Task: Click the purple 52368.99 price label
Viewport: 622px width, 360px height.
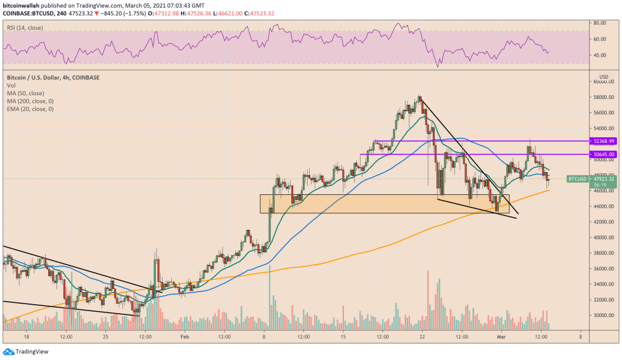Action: point(602,141)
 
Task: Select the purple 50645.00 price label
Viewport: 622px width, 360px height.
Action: point(602,154)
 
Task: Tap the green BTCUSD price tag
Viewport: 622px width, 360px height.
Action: point(577,179)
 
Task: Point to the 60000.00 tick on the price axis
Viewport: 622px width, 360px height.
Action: point(603,82)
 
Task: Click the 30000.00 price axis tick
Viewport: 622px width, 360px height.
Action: point(603,315)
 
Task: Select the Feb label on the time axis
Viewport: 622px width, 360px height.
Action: point(185,337)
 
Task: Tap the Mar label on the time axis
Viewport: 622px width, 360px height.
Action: point(500,337)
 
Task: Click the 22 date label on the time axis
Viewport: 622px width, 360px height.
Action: point(421,337)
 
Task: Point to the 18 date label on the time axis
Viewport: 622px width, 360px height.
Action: point(26,337)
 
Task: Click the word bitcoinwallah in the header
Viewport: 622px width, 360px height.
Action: point(24,4)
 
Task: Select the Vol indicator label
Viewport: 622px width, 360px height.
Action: point(11,85)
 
